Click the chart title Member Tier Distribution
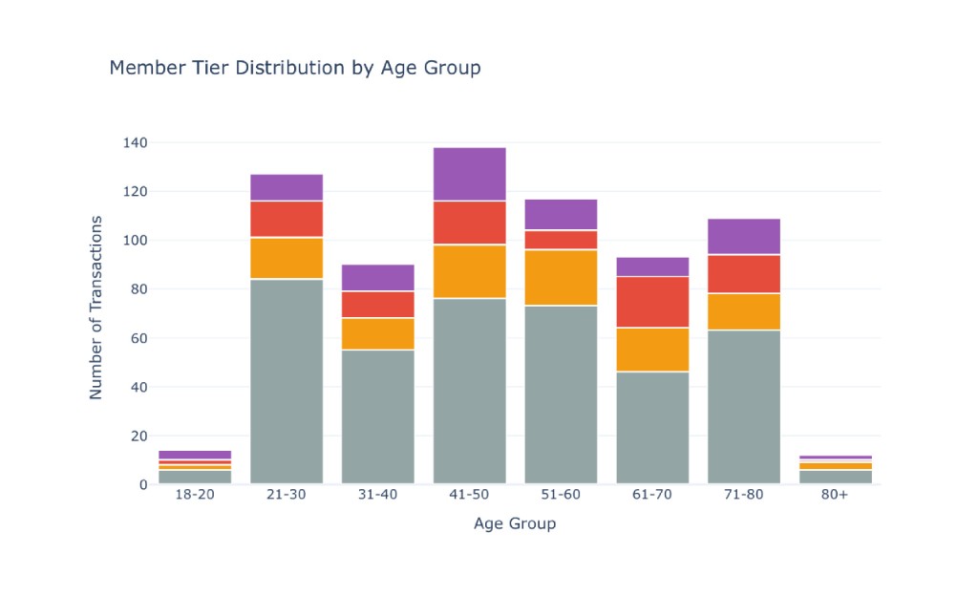pyautogui.click(x=227, y=67)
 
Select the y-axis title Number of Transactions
pyautogui.click(x=96, y=308)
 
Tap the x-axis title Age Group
pyautogui.click(x=515, y=523)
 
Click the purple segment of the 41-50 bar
pyautogui.click(x=470, y=175)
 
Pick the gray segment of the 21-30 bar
pyautogui.click(x=287, y=381)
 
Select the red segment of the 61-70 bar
pyautogui.click(x=652, y=303)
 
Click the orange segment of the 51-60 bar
pyautogui.click(x=561, y=278)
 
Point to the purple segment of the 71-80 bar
pyautogui.click(x=744, y=237)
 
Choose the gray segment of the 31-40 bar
pyautogui.click(x=378, y=417)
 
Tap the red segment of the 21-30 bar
pyautogui.click(x=287, y=220)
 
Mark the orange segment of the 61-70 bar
pyautogui.click(x=652, y=350)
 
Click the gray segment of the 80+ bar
pyautogui.click(x=836, y=477)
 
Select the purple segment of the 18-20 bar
pyautogui.click(x=195, y=455)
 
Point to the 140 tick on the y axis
pyautogui.click(x=136, y=142)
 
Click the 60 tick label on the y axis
pyautogui.click(x=139, y=338)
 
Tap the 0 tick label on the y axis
pyautogui.click(x=143, y=485)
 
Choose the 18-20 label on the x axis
pyautogui.click(x=195, y=495)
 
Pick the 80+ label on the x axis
pyautogui.click(x=835, y=495)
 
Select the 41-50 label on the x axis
pyautogui.click(x=469, y=495)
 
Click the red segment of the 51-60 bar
pyautogui.click(x=561, y=240)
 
